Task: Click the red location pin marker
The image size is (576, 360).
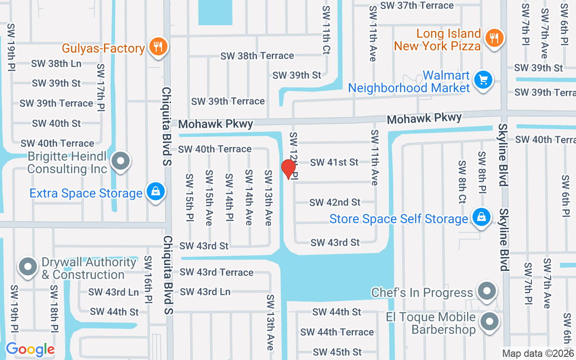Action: [x=288, y=169]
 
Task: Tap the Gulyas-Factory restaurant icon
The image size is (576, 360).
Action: [x=157, y=47]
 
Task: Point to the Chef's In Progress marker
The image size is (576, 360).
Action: [x=486, y=291]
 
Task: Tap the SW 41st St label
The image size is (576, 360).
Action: [x=334, y=162]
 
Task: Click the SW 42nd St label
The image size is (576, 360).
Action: [x=335, y=202]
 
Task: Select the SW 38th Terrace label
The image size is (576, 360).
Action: [x=257, y=56]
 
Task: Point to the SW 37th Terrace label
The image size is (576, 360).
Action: [x=417, y=5]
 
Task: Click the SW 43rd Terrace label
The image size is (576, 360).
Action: [x=216, y=272]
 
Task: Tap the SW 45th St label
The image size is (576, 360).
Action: [x=337, y=352]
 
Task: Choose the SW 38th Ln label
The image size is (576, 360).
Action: [x=56, y=63]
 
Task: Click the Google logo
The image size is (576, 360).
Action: [x=30, y=349]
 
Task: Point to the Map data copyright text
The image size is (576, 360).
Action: [x=538, y=354]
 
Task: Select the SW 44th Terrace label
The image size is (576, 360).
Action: [x=337, y=332]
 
